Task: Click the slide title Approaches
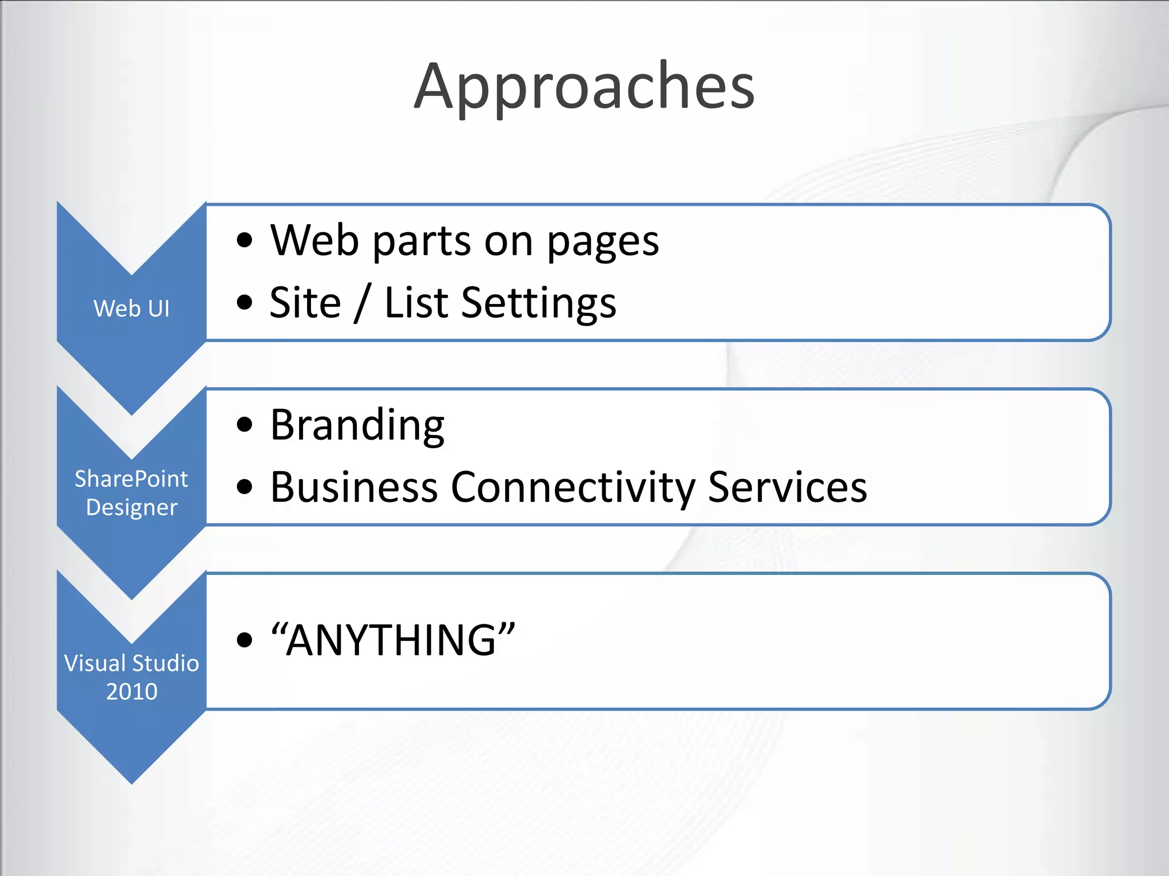point(584,87)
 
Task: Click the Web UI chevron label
point(131,309)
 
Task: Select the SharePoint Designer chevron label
point(131,493)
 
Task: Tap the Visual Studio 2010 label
point(131,677)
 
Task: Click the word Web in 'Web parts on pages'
point(315,241)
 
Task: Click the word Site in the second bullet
point(305,303)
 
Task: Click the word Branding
point(357,425)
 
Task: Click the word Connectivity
point(573,488)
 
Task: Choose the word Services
point(787,488)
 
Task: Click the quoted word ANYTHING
point(393,640)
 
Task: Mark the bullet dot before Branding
point(244,425)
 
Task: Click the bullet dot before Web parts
point(244,241)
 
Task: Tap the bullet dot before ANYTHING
point(244,640)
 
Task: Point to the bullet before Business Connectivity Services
point(244,487)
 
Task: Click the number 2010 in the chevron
point(131,691)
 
